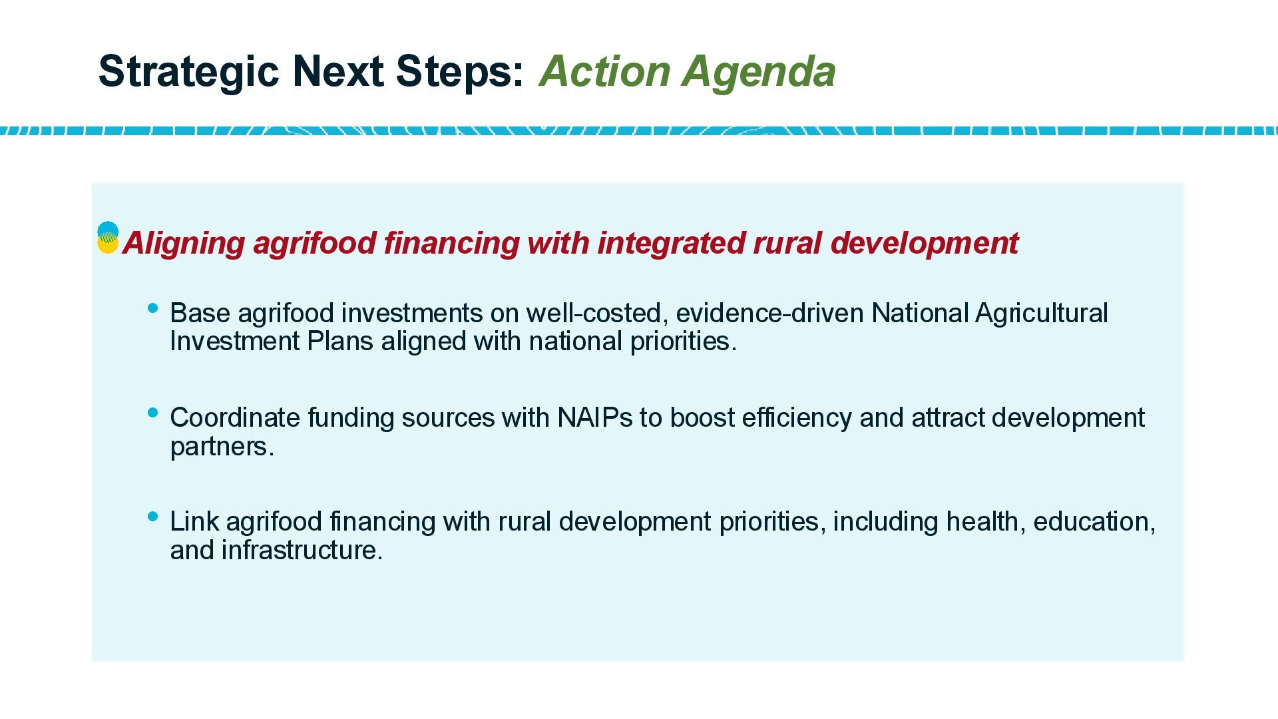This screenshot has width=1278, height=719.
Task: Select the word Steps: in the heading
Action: click(x=460, y=71)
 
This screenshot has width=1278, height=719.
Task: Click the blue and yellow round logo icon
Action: click(x=108, y=238)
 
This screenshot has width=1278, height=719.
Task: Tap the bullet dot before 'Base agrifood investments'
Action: click(x=152, y=308)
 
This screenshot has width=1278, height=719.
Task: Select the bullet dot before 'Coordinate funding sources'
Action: click(x=152, y=413)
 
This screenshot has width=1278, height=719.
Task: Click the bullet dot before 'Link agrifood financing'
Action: click(x=152, y=516)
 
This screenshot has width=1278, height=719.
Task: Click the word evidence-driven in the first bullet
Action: click(x=769, y=313)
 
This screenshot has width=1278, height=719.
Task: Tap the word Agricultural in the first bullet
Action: click(x=1041, y=313)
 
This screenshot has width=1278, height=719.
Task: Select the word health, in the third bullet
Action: click(x=986, y=521)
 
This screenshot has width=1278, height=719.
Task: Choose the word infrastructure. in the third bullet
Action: click(x=302, y=550)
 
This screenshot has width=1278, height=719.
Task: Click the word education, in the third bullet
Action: click(x=1094, y=521)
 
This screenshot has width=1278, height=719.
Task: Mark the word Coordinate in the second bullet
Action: click(x=235, y=418)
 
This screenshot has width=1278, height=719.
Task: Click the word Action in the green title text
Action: click(x=605, y=71)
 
